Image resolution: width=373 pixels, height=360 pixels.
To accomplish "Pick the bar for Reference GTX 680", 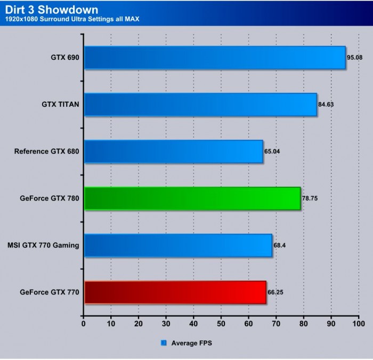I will point(173,151).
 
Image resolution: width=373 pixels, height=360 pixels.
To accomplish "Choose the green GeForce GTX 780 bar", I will point(192,198).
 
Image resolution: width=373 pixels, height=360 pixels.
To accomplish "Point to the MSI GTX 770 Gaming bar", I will point(178,245).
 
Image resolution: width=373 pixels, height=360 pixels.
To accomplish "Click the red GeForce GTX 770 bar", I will point(175,292).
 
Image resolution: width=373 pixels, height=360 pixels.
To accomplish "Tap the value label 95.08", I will point(356,58).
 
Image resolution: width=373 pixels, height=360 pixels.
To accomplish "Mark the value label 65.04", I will point(272,151).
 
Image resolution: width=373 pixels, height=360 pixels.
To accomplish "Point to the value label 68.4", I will point(280,245).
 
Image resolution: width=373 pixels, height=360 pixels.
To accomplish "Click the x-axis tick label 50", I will point(221,324).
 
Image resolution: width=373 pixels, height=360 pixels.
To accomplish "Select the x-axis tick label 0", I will point(84,324).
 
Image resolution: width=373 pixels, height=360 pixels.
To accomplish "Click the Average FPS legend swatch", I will point(164,343).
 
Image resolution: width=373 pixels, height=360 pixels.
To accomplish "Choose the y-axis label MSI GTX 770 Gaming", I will point(44,245).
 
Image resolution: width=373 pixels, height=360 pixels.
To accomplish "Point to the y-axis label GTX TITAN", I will point(61,105).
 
